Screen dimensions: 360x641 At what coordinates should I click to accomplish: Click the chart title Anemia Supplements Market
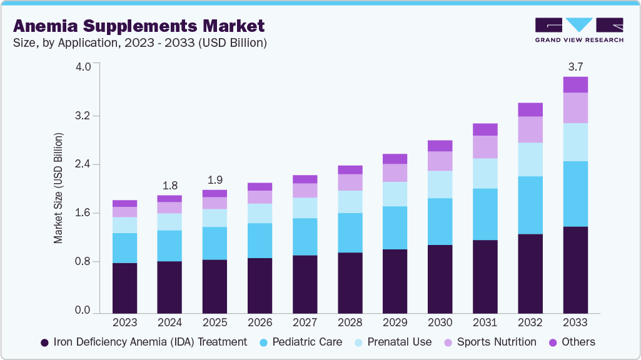coord(139,26)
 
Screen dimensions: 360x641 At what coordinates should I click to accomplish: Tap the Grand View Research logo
coord(578,30)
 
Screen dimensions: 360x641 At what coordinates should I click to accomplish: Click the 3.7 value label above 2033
coord(575,66)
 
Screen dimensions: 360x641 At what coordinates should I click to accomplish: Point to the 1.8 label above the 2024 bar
coord(169,185)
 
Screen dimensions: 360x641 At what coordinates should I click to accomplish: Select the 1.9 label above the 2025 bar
coord(215,180)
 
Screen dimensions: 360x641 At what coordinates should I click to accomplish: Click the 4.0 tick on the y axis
coord(83,67)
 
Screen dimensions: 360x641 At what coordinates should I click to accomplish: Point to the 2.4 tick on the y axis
coord(83,164)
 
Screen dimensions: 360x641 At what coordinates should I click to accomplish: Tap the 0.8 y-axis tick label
coord(83,262)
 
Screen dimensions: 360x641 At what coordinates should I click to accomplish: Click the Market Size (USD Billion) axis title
coord(58,187)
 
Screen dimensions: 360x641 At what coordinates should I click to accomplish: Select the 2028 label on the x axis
coord(350,322)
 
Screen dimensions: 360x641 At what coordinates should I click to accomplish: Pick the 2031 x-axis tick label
coord(485,322)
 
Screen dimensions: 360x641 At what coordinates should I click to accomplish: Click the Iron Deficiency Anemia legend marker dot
coord(44,342)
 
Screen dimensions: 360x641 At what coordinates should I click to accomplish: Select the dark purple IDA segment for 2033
coord(575,269)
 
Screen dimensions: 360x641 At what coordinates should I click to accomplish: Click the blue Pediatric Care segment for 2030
coord(440,221)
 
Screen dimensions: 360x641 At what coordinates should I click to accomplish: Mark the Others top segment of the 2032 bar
coord(530,109)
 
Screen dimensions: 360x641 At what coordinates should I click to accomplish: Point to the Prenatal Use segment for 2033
coord(575,142)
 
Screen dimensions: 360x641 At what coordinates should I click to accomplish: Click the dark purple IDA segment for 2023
coord(124,287)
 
